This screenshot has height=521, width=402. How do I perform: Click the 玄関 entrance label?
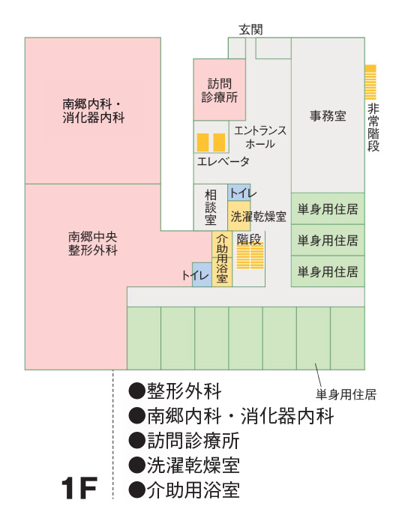250,29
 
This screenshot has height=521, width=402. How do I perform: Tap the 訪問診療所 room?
220,90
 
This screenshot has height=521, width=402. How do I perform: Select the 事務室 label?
328,115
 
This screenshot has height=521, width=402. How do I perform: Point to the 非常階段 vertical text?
373,127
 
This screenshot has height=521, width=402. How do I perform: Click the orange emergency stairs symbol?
370,82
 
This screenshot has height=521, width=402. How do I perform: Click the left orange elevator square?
202,142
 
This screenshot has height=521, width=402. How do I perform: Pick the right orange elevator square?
219,142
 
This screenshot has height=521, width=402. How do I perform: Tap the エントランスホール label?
260,137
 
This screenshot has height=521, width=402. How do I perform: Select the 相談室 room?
211,208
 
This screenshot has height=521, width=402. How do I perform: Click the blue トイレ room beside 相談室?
239,193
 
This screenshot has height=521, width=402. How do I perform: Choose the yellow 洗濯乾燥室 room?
239,216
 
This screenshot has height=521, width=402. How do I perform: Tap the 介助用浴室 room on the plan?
222,259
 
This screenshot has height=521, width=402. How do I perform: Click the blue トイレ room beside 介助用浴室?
202,274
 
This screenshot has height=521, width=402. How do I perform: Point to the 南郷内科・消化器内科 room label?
94,111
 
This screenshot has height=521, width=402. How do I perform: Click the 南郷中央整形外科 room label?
93,244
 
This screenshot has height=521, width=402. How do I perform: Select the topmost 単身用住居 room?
328,208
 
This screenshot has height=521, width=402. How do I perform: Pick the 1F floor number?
79,488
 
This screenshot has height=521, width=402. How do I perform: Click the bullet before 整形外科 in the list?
137,391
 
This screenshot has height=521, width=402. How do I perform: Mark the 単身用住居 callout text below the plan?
346,394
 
